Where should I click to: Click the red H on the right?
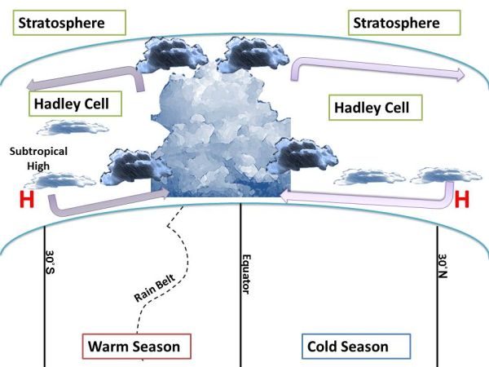pos(462,199)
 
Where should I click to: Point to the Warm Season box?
pos(136,346)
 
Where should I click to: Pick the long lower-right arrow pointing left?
pos(367,196)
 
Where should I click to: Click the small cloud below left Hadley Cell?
pos(73,127)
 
